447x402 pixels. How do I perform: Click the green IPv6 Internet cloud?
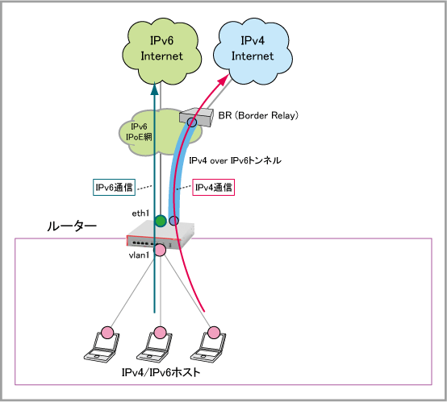(x=161, y=52)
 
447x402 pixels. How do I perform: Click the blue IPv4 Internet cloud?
(x=253, y=52)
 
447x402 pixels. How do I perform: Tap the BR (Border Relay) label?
(x=258, y=115)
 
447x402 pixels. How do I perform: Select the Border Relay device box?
(x=197, y=118)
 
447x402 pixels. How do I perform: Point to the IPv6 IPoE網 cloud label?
(x=139, y=132)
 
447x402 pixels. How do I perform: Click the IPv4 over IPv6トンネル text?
(x=235, y=160)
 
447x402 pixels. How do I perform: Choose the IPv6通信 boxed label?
(x=114, y=188)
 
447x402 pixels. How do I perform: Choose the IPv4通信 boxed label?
(x=214, y=188)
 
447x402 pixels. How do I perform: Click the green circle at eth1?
(x=161, y=221)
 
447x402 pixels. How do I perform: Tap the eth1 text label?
(x=140, y=213)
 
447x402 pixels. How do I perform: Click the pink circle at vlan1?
(x=160, y=250)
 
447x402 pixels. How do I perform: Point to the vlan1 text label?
(x=139, y=255)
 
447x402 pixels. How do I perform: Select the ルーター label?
(x=72, y=226)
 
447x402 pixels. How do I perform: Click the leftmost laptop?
(x=102, y=346)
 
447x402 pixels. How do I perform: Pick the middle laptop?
(x=155, y=346)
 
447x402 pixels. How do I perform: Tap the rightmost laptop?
(x=208, y=346)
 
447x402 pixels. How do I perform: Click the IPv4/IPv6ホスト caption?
(x=161, y=372)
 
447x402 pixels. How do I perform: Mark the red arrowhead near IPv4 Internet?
(x=223, y=80)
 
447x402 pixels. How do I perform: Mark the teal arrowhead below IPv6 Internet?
(x=154, y=89)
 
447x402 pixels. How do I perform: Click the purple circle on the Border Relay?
(x=192, y=122)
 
